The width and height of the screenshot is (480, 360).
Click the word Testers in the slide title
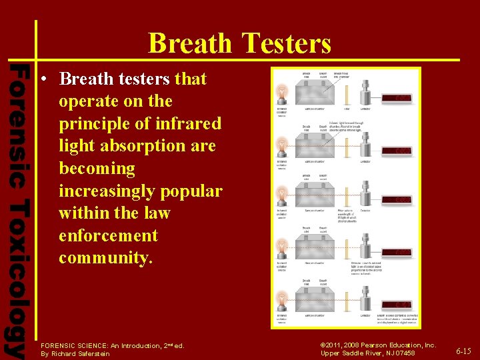(289, 44)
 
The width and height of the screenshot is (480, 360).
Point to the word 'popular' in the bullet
(191, 191)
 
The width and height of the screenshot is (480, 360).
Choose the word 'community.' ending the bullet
(105, 258)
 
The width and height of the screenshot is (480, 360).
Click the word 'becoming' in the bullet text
(97, 169)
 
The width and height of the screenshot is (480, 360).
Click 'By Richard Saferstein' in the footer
(75, 353)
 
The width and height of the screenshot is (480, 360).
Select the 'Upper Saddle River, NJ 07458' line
(367, 353)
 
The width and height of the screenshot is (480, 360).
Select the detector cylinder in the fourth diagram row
(366, 246)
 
